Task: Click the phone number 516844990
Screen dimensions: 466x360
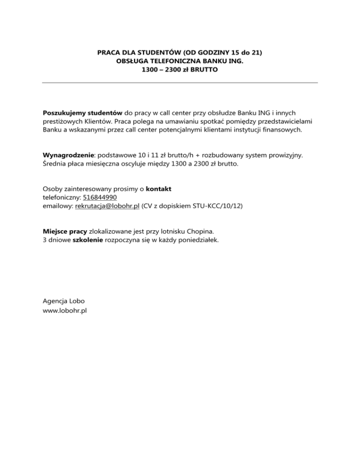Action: click(100, 197)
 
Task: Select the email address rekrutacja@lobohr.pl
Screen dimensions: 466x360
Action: click(107, 206)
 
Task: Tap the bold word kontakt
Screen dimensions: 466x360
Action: click(158, 189)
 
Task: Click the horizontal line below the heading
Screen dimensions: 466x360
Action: click(180, 83)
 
